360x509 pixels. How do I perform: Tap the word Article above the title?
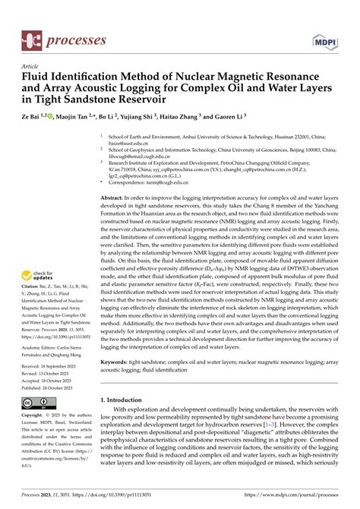coord(32,66)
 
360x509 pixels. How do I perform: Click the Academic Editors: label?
coord(45,343)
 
